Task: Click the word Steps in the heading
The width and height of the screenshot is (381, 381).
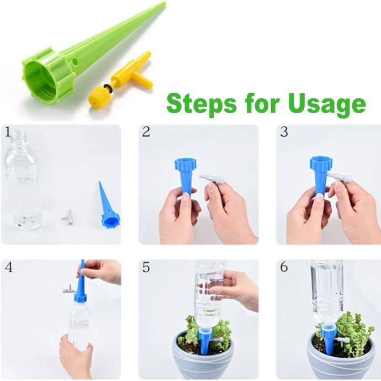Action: (202, 103)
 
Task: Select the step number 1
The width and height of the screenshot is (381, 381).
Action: (8, 133)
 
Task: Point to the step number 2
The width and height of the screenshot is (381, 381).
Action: (146, 132)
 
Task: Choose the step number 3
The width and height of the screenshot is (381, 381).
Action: (284, 132)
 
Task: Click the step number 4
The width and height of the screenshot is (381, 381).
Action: (8, 267)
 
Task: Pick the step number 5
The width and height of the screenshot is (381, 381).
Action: (146, 267)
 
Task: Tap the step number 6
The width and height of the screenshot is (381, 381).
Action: (284, 267)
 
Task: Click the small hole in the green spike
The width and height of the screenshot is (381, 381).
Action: (75, 61)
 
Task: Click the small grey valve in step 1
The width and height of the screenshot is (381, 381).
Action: (67, 215)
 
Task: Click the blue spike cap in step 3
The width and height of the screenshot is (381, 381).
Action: (320, 163)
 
